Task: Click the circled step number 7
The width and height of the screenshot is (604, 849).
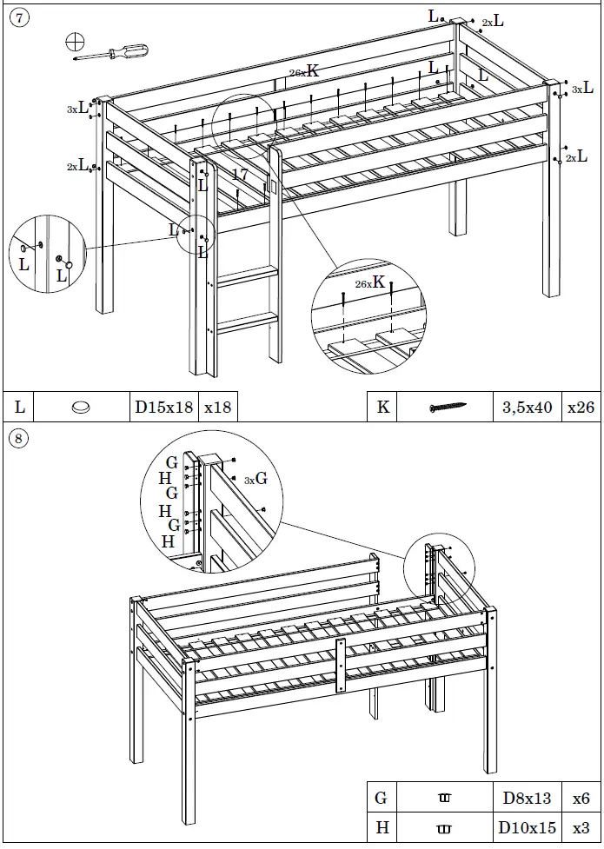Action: click(x=18, y=18)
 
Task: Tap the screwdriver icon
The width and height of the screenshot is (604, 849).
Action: click(x=109, y=52)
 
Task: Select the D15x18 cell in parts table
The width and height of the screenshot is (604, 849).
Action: click(x=163, y=407)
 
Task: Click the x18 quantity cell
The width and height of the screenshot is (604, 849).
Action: click(x=217, y=407)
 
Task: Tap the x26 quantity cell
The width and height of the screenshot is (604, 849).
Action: click(x=580, y=407)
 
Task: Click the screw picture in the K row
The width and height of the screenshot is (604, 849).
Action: click(x=448, y=407)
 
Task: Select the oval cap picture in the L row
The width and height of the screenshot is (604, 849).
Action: click(x=82, y=407)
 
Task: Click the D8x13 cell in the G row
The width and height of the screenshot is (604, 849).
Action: click(x=527, y=798)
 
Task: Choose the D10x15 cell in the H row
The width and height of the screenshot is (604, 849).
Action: click(x=527, y=829)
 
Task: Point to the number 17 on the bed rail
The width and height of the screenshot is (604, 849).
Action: click(x=240, y=175)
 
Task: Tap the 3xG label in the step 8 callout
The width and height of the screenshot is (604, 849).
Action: click(x=255, y=479)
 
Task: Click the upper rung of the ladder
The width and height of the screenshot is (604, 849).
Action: click(x=247, y=276)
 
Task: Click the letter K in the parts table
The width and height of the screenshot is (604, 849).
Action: click(x=382, y=407)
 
